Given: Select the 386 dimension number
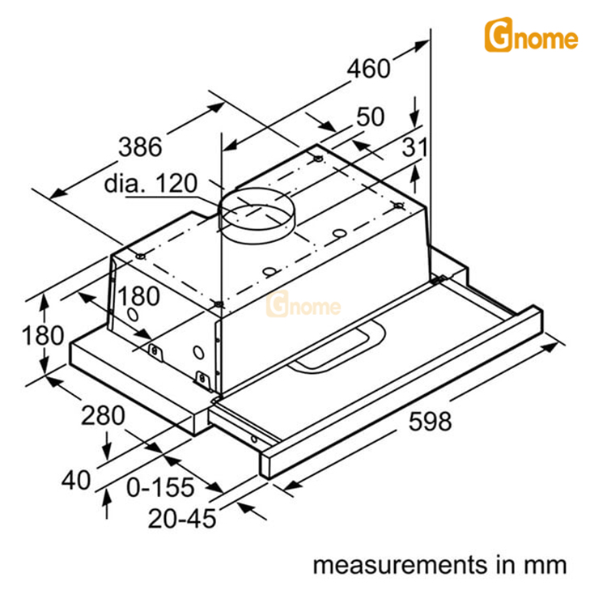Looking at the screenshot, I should pyautogui.click(x=140, y=147).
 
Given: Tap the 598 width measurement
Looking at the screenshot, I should pyautogui.click(x=430, y=422).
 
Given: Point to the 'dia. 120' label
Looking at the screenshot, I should pyautogui.click(x=151, y=184).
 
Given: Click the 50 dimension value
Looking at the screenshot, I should pyautogui.click(x=370, y=117).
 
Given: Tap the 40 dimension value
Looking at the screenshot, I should pyautogui.click(x=78, y=480).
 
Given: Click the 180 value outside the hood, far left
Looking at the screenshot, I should pyautogui.click(x=21, y=335).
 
